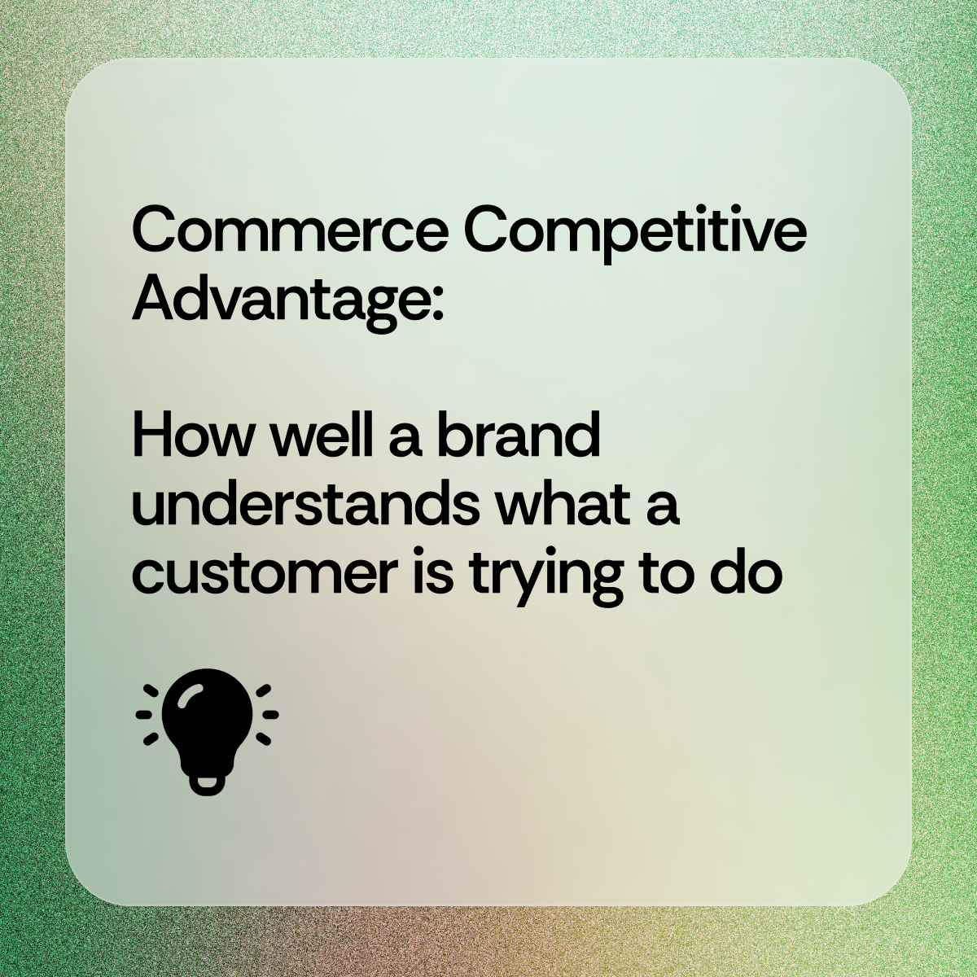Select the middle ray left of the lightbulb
[144, 715]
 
